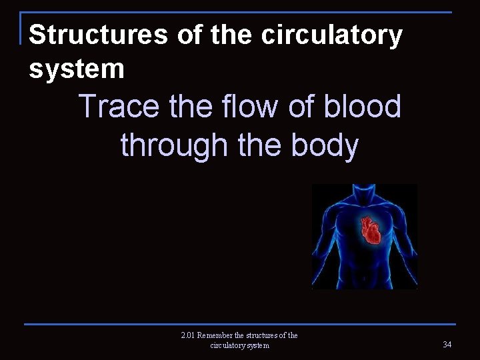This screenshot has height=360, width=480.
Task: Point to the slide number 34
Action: [x=447, y=343]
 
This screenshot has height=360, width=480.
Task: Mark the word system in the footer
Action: [x=259, y=345]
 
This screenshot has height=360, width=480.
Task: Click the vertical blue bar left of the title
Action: [x=23, y=28]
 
